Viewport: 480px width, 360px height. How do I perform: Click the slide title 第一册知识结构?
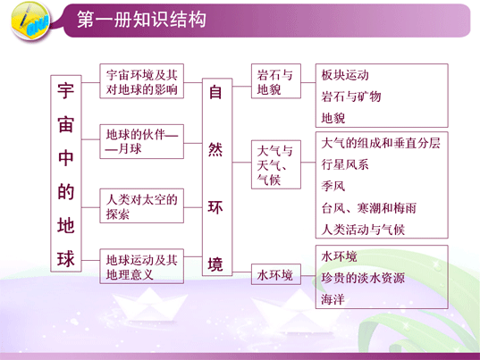click(x=141, y=20)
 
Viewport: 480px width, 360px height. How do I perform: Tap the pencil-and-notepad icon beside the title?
click(x=29, y=21)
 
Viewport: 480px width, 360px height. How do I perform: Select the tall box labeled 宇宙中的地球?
click(x=66, y=173)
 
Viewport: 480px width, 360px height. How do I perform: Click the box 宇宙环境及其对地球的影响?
click(x=142, y=81)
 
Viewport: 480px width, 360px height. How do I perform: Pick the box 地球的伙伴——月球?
click(x=142, y=142)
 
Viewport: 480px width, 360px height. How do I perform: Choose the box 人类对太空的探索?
click(x=142, y=205)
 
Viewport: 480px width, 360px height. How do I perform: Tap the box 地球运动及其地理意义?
click(x=142, y=266)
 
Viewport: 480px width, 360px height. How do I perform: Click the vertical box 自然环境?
click(x=217, y=177)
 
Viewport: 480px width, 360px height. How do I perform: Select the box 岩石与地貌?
click(x=276, y=81)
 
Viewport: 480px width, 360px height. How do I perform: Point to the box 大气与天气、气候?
click(x=276, y=164)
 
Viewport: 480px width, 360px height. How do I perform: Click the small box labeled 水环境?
click(x=276, y=274)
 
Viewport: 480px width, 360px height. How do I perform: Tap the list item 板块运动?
click(x=345, y=75)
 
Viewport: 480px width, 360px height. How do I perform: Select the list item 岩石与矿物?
click(x=351, y=96)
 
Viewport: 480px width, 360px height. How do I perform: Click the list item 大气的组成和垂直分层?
click(x=381, y=143)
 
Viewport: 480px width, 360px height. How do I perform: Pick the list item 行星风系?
click(x=345, y=164)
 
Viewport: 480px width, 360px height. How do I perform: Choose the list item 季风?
click(x=333, y=186)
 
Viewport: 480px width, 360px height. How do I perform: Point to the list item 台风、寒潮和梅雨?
click(x=369, y=208)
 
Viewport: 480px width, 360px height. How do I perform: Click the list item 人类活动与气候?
click(x=363, y=230)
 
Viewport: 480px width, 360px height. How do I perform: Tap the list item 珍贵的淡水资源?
click(x=363, y=278)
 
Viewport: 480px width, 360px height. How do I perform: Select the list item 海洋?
click(x=333, y=299)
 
